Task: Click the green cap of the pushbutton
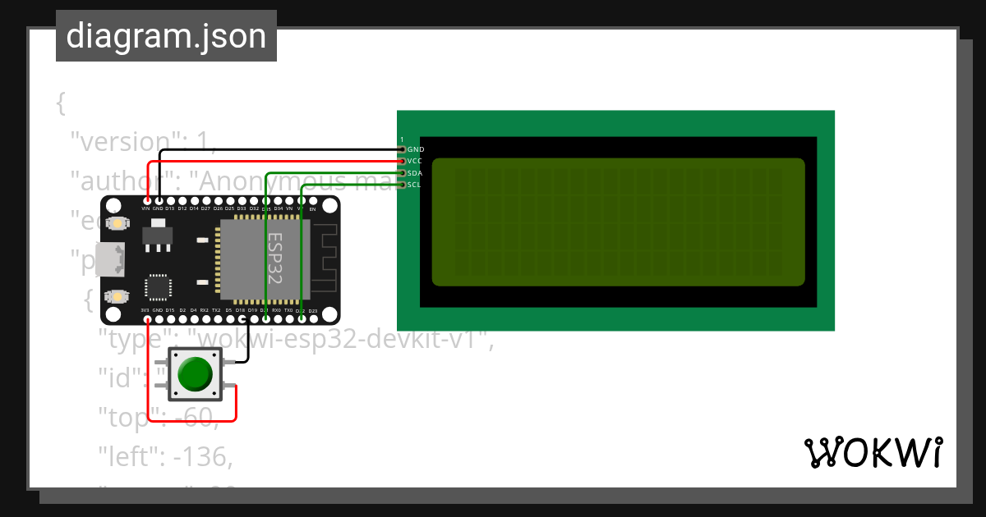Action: [x=195, y=373]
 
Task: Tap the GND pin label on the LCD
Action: [x=416, y=150]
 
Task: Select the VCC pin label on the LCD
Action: [x=415, y=162]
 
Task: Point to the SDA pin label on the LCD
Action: [x=415, y=173]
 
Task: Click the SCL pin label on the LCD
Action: [x=415, y=185]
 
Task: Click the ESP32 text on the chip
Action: [x=274, y=258]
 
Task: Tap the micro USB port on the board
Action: [x=109, y=259]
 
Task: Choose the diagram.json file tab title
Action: [x=166, y=36]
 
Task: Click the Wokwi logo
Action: [x=873, y=452]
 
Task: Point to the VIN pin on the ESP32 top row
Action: [x=146, y=202]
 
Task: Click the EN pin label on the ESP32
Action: [x=312, y=209]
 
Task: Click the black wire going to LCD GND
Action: [x=279, y=150]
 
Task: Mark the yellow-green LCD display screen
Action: [x=617, y=222]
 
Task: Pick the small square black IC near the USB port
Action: [x=157, y=286]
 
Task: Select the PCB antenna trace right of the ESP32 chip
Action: [x=325, y=258]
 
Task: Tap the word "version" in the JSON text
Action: [x=132, y=142]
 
